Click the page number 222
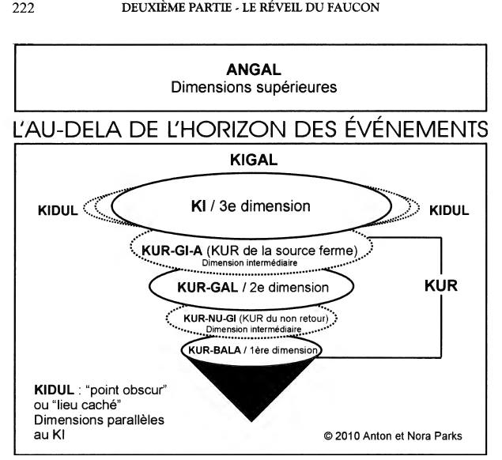[23, 8]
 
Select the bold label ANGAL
[254, 70]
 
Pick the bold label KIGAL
[254, 160]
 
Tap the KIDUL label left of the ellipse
[58, 210]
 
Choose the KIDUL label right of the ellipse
[449, 210]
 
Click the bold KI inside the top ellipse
[198, 206]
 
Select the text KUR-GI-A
[172, 251]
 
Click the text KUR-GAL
[207, 288]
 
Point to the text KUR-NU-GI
[209, 319]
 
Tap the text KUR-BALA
[214, 350]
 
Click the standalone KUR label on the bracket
[441, 286]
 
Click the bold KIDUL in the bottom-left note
[54, 390]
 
